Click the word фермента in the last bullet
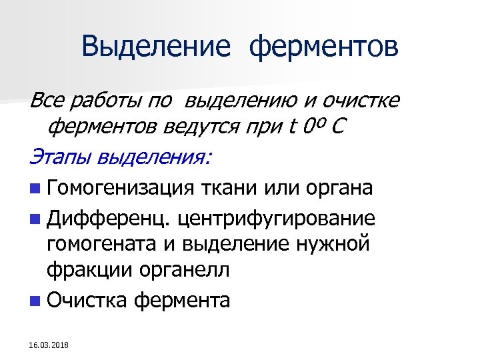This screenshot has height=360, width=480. pos(182,300)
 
